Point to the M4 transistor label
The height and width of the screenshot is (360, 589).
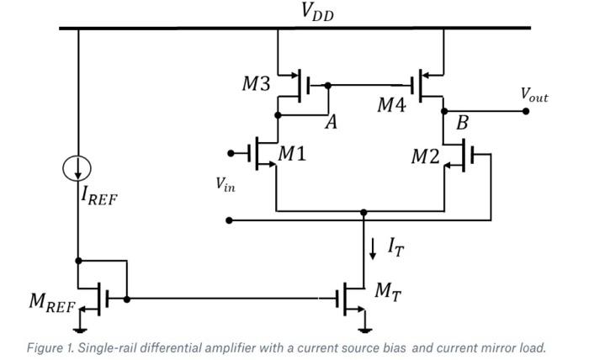pyautogui.click(x=393, y=105)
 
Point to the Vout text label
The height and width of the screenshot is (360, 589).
pyautogui.click(x=533, y=96)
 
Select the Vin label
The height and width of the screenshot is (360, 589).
pyautogui.click(x=225, y=185)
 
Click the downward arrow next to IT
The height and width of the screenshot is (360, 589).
pyautogui.click(x=374, y=246)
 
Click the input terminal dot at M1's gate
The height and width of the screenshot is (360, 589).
pyautogui.click(x=231, y=153)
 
